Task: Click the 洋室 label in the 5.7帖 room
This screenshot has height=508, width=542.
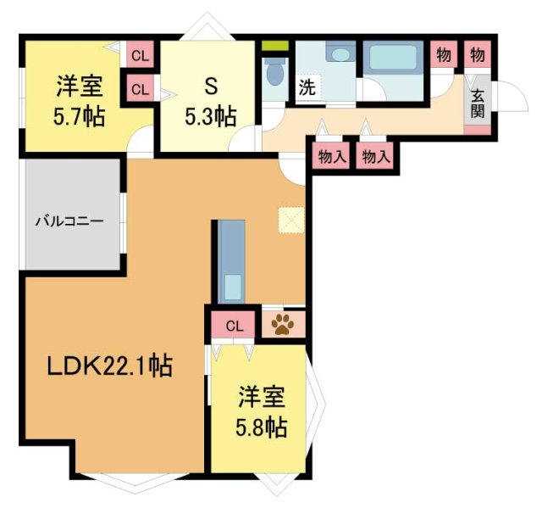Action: tap(80, 86)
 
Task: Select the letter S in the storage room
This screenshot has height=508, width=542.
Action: tap(211, 86)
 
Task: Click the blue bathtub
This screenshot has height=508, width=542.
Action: tap(392, 59)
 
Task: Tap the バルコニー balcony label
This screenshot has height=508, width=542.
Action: tap(69, 222)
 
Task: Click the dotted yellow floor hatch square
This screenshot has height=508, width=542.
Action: tap(290, 220)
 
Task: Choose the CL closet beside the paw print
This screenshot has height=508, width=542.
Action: tap(235, 325)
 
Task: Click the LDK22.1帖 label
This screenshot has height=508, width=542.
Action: tap(109, 366)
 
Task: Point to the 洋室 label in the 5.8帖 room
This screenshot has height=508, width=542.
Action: tap(260, 396)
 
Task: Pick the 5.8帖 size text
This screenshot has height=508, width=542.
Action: tap(260, 426)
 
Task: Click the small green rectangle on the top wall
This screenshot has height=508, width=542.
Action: tap(272, 46)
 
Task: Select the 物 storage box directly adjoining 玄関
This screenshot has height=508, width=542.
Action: tap(477, 56)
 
